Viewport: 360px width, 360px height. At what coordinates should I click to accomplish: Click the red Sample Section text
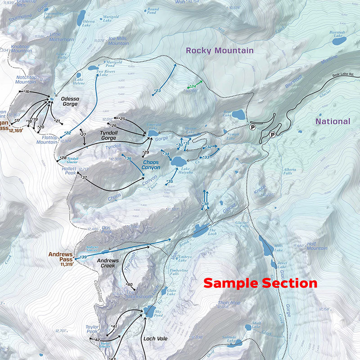click(x=260, y=283)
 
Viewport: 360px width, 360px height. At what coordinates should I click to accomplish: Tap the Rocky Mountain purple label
click(x=220, y=50)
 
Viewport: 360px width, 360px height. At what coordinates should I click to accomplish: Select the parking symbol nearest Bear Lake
click(x=253, y=127)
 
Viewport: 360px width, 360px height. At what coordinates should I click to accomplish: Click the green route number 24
click(x=193, y=85)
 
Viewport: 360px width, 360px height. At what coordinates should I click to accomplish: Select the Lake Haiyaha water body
click(x=178, y=161)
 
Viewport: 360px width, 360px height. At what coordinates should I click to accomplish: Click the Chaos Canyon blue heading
click(x=151, y=164)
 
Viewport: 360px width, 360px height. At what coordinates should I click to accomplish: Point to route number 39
click(x=84, y=257)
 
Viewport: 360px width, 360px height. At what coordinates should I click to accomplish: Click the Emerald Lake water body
click(x=152, y=134)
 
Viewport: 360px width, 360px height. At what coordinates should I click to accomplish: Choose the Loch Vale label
click(x=155, y=338)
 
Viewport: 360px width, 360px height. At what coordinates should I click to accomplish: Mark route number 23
click(x=157, y=91)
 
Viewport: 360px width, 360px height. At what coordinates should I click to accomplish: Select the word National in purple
click(x=332, y=121)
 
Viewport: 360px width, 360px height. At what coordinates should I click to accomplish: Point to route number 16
click(x=27, y=92)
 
